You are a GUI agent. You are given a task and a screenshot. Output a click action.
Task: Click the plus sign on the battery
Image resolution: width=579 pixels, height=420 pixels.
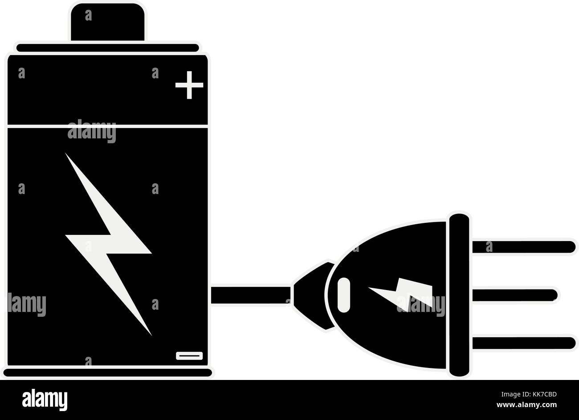(189, 85)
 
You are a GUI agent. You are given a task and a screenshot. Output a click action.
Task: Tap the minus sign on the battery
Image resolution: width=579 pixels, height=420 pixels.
(189, 356)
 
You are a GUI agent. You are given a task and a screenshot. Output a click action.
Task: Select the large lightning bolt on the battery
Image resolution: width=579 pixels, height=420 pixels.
(108, 244)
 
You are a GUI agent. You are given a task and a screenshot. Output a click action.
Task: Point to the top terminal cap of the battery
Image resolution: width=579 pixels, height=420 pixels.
(107, 22)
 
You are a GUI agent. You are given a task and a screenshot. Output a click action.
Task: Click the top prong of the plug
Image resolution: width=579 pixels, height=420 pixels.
(524, 247)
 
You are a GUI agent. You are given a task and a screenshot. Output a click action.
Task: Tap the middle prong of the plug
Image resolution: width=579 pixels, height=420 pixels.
(514, 295)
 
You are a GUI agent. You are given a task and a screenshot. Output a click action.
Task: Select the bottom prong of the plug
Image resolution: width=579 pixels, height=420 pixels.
(524, 343)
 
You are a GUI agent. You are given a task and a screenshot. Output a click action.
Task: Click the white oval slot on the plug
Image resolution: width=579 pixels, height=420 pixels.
(344, 295)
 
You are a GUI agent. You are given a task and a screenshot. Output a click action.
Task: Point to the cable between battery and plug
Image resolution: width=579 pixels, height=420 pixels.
(251, 295)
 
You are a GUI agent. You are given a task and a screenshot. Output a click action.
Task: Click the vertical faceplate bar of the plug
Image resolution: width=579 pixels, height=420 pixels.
(459, 295)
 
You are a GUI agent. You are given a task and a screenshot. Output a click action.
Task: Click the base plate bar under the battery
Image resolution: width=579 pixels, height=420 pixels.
(107, 372)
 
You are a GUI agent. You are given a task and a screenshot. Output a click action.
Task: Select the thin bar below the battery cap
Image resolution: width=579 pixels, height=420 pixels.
(107, 48)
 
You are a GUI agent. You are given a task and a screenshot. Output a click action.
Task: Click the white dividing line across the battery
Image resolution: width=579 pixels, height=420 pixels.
(107, 126)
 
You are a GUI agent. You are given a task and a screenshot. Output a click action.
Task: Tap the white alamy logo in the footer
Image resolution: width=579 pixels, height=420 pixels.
(45, 400)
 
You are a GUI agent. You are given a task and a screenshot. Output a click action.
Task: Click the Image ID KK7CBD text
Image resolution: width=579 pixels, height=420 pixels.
(529, 394)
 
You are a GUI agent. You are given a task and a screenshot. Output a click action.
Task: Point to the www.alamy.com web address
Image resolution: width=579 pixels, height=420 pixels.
(526, 404)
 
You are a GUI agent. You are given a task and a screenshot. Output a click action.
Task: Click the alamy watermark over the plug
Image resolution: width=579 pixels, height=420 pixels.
(421, 305)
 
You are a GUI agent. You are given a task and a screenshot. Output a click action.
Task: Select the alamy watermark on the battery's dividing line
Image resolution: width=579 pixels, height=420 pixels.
(92, 131)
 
